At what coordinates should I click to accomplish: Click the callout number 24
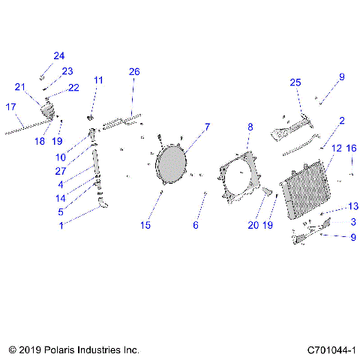[x=59, y=56]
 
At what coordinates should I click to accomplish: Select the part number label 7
[x=207, y=127]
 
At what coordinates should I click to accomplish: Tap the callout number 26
[x=134, y=72]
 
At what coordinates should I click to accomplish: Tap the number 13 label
[x=352, y=206]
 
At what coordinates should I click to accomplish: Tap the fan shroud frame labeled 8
[x=239, y=180]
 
